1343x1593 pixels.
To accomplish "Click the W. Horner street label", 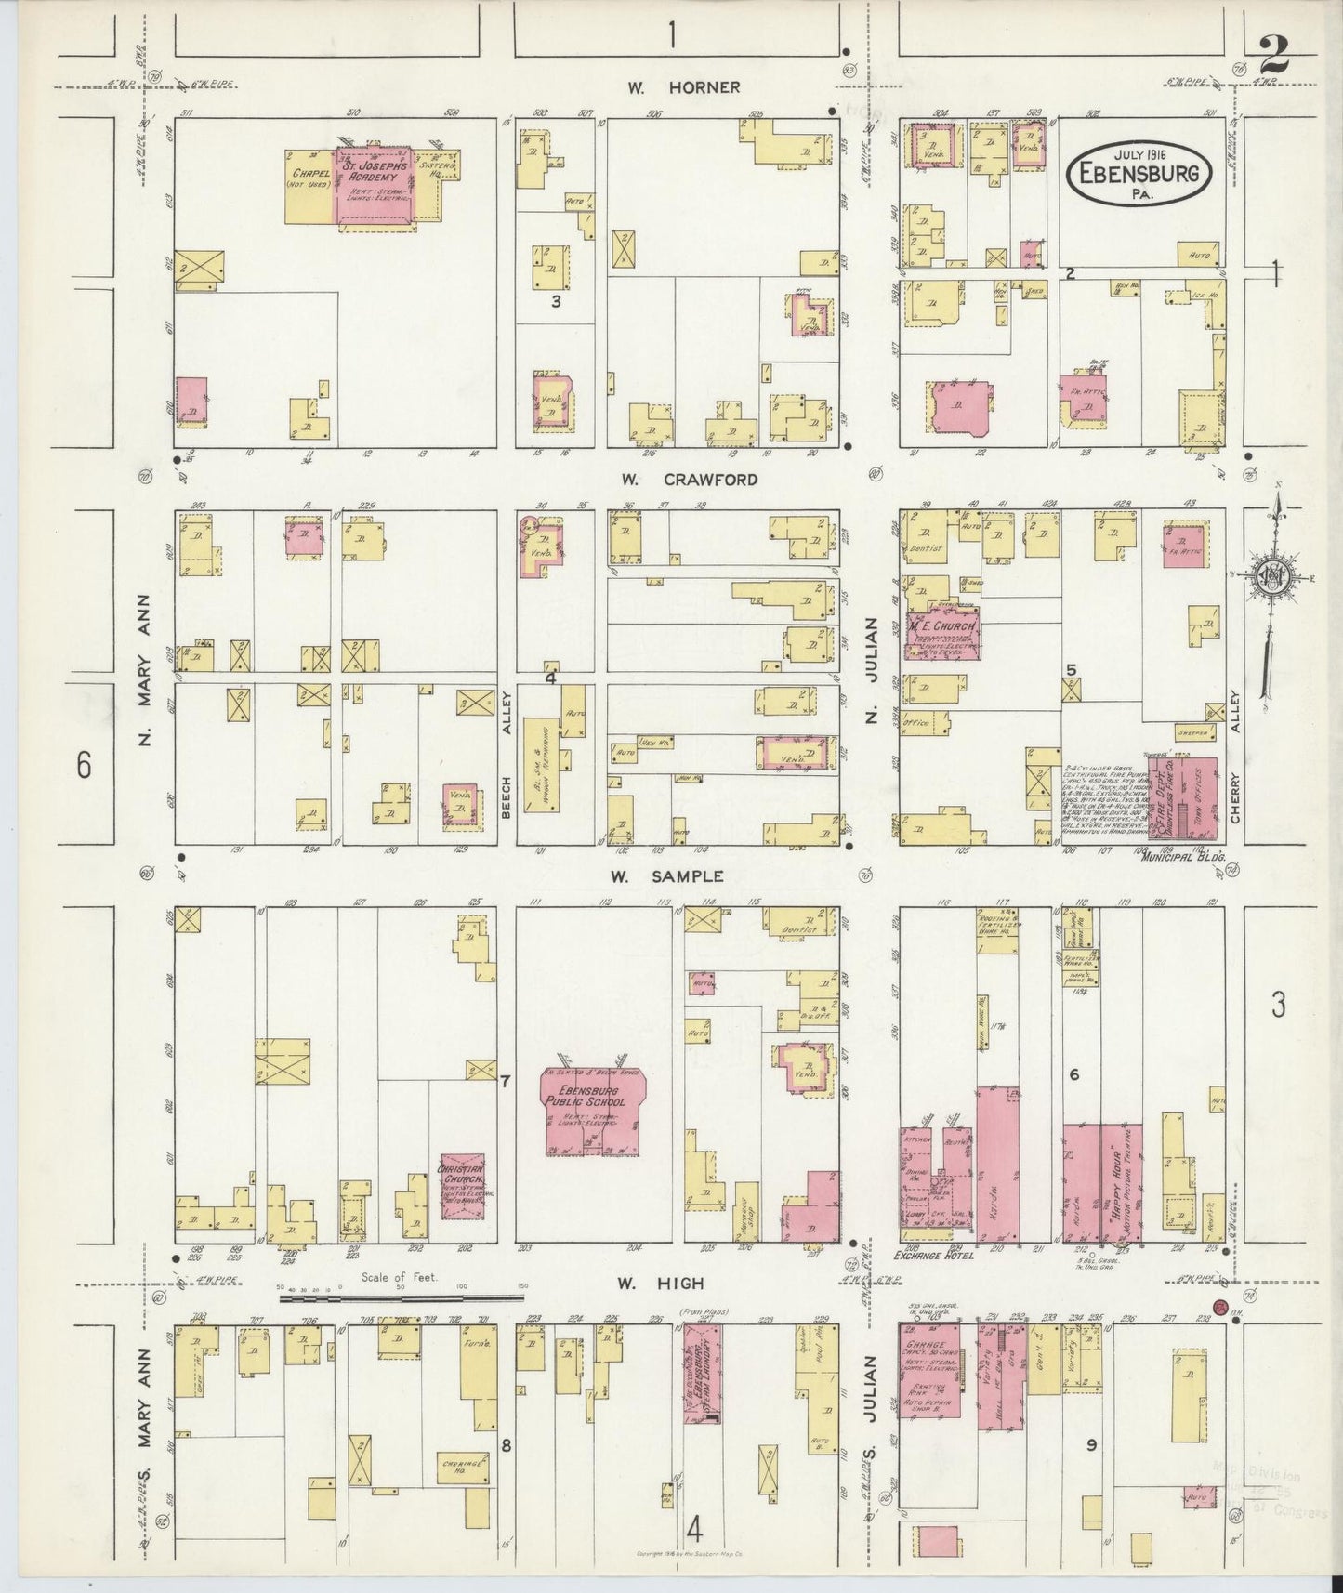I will pyautogui.click(x=683, y=87).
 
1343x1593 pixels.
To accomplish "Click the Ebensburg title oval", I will pyautogui.click(x=1139, y=172).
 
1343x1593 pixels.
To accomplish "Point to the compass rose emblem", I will pyautogui.click(x=1269, y=576).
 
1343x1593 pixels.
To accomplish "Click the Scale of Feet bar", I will pyautogui.click(x=402, y=1296).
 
